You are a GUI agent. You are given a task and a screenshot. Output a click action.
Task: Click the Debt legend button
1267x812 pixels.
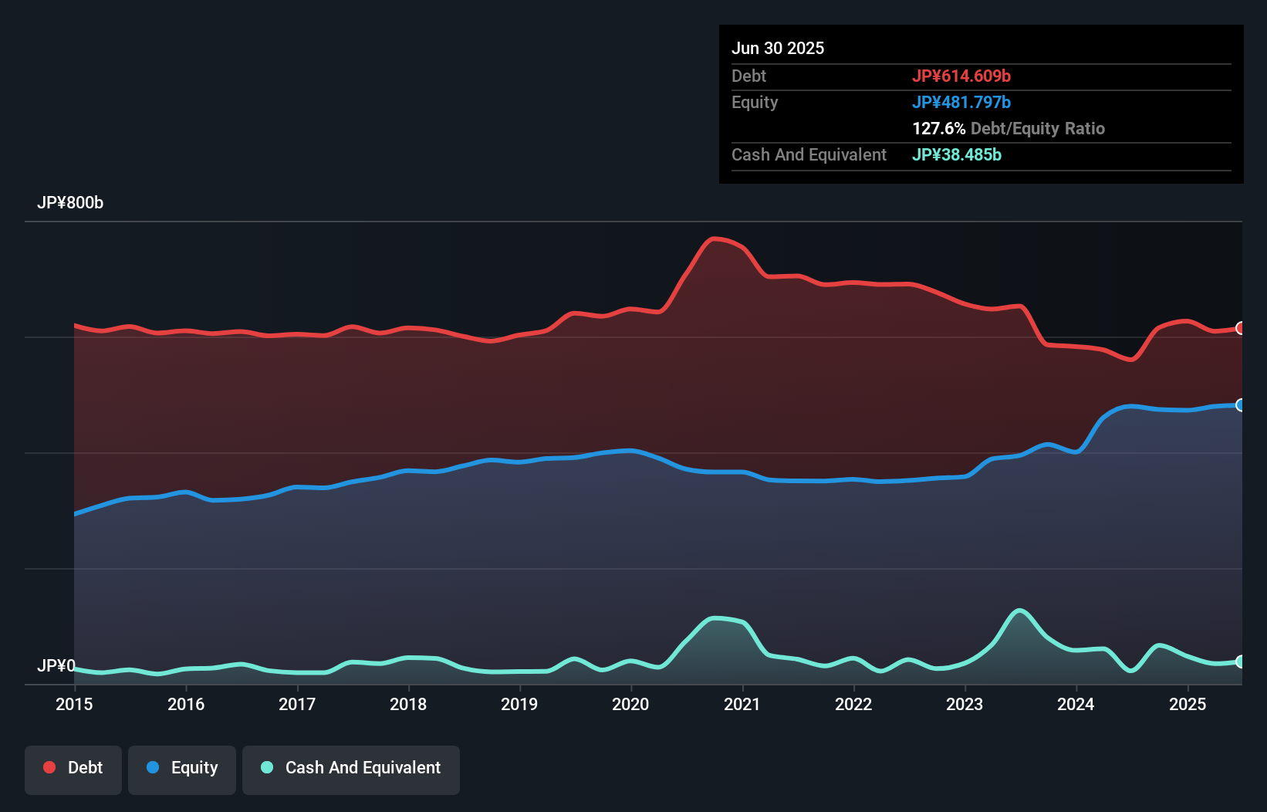click(73, 769)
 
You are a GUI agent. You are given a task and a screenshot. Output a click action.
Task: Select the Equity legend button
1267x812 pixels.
click(182, 769)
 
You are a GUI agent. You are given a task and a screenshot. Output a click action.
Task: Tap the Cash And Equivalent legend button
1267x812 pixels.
click(351, 769)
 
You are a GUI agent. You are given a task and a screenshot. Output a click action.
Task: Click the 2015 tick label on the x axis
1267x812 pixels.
click(74, 704)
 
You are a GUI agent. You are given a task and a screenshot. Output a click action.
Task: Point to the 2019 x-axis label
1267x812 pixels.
click(519, 704)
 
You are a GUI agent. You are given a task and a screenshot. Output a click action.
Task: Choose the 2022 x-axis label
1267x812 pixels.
click(853, 704)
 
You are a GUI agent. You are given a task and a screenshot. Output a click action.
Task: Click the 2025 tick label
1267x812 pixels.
click(1188, 704)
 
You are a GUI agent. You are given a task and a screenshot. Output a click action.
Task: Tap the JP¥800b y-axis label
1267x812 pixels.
click(70, 203)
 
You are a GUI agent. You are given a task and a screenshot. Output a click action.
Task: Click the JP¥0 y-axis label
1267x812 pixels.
click(56, 665)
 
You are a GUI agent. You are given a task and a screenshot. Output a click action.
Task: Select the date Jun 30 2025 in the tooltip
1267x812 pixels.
click(778, 49)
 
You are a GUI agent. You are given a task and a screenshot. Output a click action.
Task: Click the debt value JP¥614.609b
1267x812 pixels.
click(961, 76)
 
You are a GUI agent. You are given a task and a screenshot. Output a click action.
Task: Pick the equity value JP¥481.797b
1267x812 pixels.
click(961, 103)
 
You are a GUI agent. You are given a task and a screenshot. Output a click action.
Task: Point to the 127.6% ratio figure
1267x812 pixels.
click(939, 129)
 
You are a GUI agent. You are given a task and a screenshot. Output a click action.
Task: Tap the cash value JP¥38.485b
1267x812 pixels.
click(957, 155)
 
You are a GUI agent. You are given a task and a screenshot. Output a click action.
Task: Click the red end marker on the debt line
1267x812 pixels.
click(1241, 328)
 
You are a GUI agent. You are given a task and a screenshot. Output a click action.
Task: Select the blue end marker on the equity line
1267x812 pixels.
click(1241, 405)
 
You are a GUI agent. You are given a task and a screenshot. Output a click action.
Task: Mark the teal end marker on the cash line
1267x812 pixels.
click(1241, 661)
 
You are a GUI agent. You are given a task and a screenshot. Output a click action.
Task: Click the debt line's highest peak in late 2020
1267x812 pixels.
click(715, 239)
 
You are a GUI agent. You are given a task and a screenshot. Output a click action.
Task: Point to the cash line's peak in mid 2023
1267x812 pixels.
click(1019, 611)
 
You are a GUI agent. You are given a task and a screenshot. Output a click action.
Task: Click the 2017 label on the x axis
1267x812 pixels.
click(297, 704)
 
